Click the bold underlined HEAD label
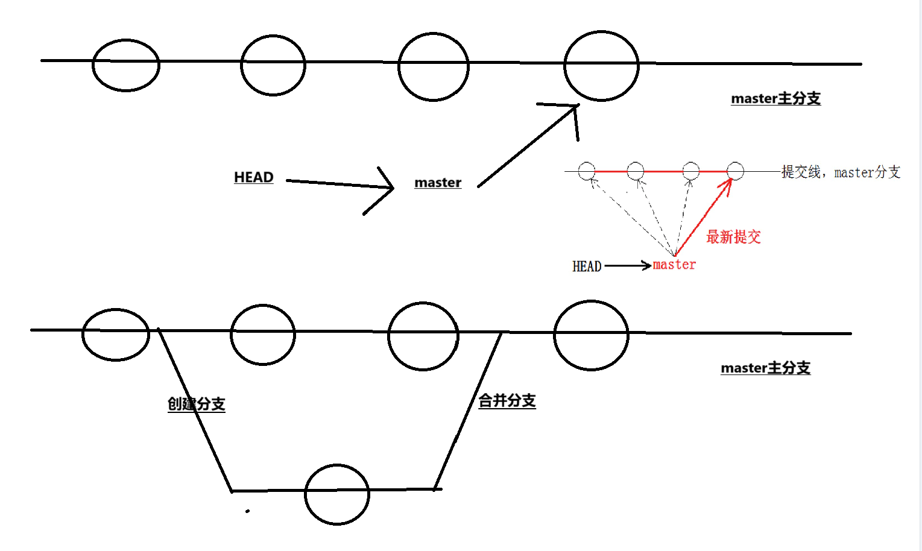tap(253, 177)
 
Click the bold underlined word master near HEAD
tap(438, 183)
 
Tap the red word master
tap(674, 265)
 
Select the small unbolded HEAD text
tap(587, 266)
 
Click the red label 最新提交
tap(733, 237)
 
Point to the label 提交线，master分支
tap(841, 172)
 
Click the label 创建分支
tap(197, 404)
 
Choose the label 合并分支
tap(507, 401)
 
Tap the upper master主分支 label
tap(775, 99)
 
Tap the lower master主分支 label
tap(765, 368)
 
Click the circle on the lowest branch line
tap(337, 494)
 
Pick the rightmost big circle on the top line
tap(601, 66)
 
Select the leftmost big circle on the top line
tap(126, 65)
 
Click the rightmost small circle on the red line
tap(735, 171)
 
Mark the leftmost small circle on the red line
tap(587, 171)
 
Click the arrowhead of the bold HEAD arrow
tap(389, 187)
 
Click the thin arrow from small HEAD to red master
tap(627, 265)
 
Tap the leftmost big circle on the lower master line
tap(116, 335)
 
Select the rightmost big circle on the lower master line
tap(591, 335)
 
